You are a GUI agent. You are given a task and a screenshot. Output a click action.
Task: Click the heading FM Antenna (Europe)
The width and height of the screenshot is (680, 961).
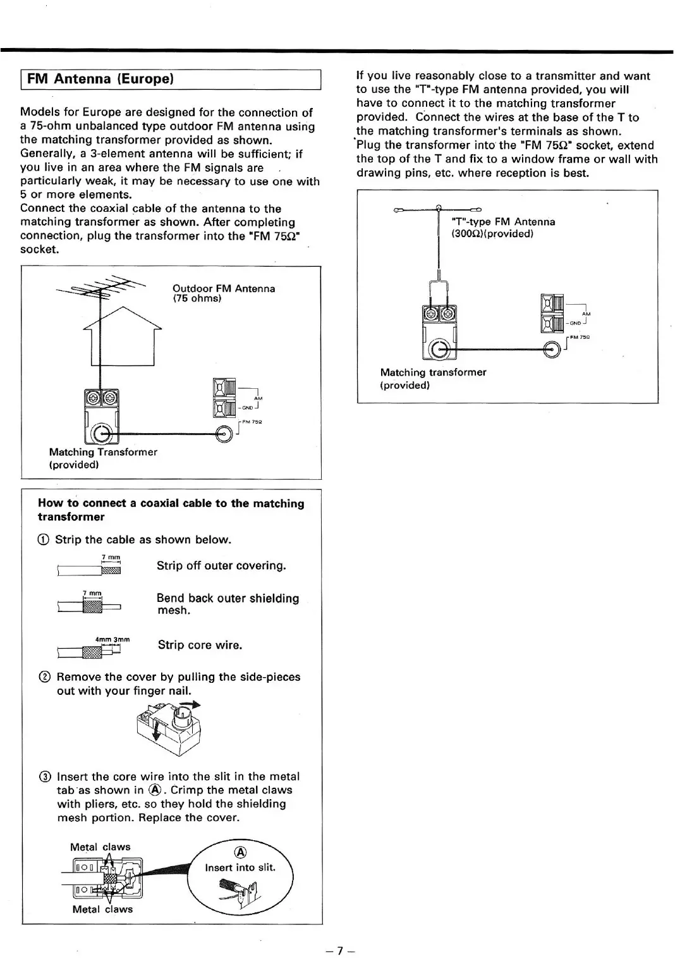click(100, 79)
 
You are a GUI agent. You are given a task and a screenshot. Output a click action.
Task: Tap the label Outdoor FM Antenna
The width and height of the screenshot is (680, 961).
click(224, 289)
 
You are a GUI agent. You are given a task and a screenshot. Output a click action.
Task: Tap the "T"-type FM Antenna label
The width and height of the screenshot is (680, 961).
click(503, 222)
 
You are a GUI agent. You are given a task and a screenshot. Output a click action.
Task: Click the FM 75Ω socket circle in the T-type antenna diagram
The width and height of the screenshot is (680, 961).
click(552, 349)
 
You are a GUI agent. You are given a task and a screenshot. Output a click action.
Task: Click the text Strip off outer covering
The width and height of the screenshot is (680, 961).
click(221, 566)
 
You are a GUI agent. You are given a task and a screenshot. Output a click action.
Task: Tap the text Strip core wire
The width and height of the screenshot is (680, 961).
click(200, 645)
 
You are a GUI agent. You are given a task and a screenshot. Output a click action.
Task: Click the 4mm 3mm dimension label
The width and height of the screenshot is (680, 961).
click(112, 639)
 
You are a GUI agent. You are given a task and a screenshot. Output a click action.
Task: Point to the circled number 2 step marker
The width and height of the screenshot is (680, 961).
click(44, 677)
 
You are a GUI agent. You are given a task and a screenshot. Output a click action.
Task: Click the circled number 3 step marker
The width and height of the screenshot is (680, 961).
click(44, 777)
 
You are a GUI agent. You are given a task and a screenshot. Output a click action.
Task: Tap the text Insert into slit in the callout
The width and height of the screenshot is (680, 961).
click(240, 867)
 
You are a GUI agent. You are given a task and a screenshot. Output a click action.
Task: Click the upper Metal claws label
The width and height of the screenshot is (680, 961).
click(100, 847)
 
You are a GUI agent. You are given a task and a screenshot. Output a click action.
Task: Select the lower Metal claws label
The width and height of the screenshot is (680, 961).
click(102, 909)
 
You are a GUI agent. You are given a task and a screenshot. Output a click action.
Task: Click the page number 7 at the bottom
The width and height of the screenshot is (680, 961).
click(340, 950)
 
